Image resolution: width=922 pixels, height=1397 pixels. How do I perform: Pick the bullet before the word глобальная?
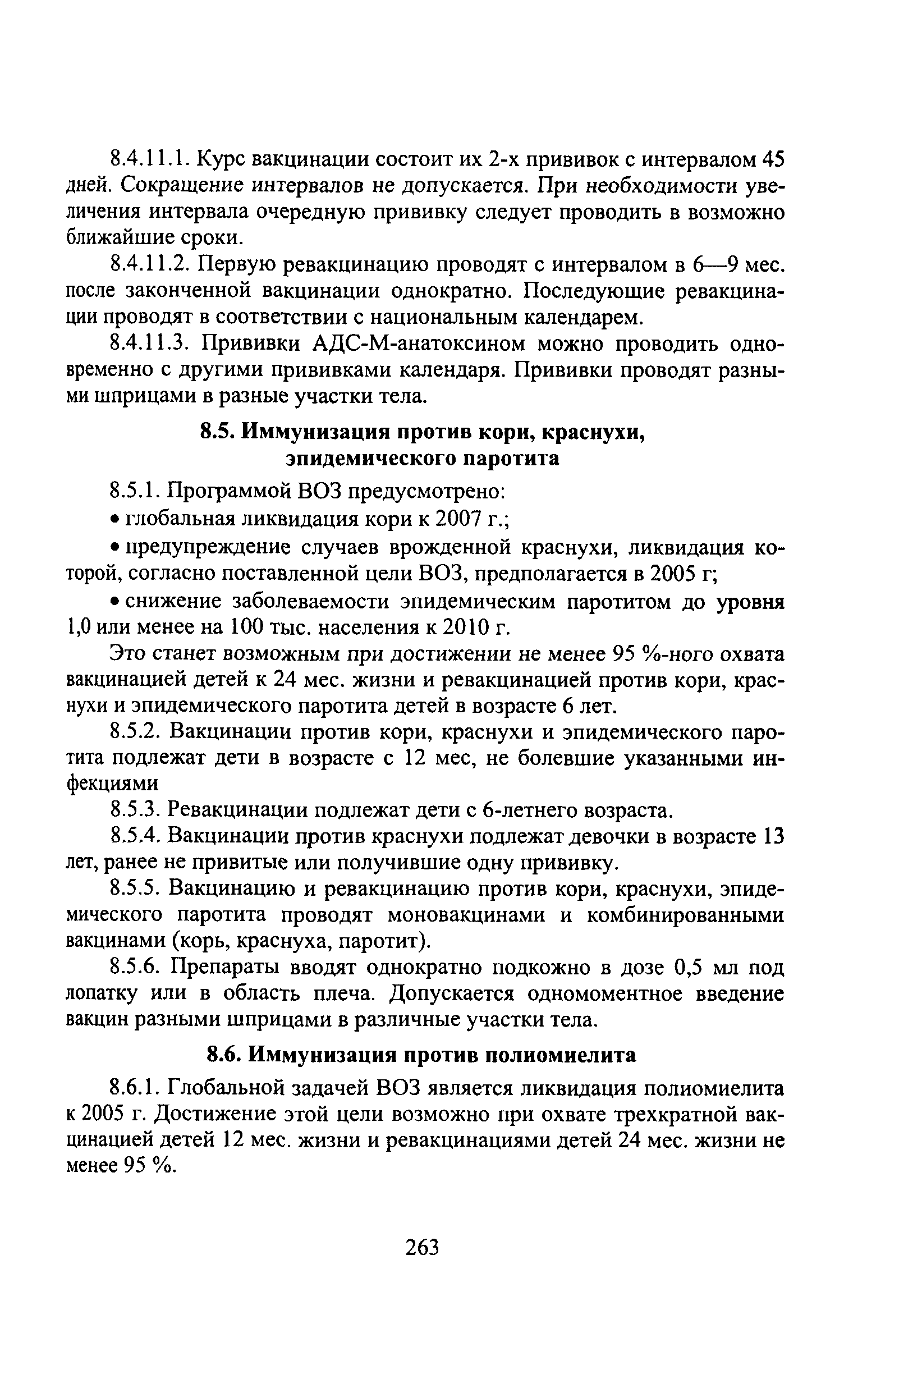click(115, 519)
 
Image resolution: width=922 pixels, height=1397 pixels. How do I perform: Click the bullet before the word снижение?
click(115, 602)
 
